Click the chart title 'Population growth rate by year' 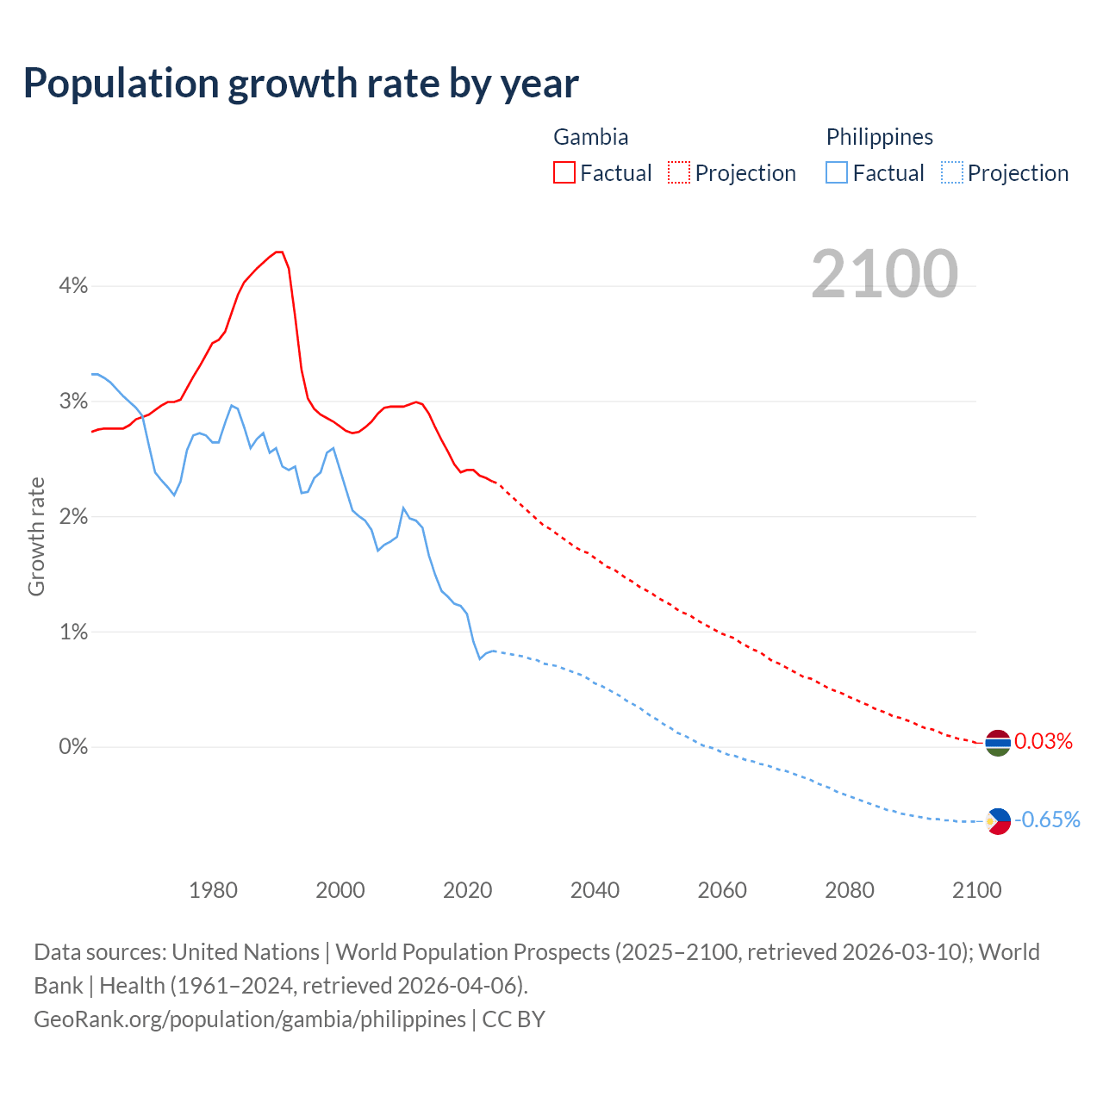301,84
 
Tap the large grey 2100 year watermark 884,274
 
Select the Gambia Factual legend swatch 564,172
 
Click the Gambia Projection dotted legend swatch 679,172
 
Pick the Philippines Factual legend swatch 837,172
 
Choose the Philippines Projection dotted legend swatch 952,172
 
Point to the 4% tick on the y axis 73,286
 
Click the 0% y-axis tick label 73,747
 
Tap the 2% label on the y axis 73,517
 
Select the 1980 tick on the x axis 213,890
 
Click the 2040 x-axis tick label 595,890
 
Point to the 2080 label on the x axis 849,890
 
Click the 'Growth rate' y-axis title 36,536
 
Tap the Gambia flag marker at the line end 998,742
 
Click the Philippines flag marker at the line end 998,821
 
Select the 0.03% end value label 1044,742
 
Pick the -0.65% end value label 1047,820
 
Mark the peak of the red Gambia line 278,252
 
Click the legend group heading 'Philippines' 879,137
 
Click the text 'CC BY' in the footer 514,1019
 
